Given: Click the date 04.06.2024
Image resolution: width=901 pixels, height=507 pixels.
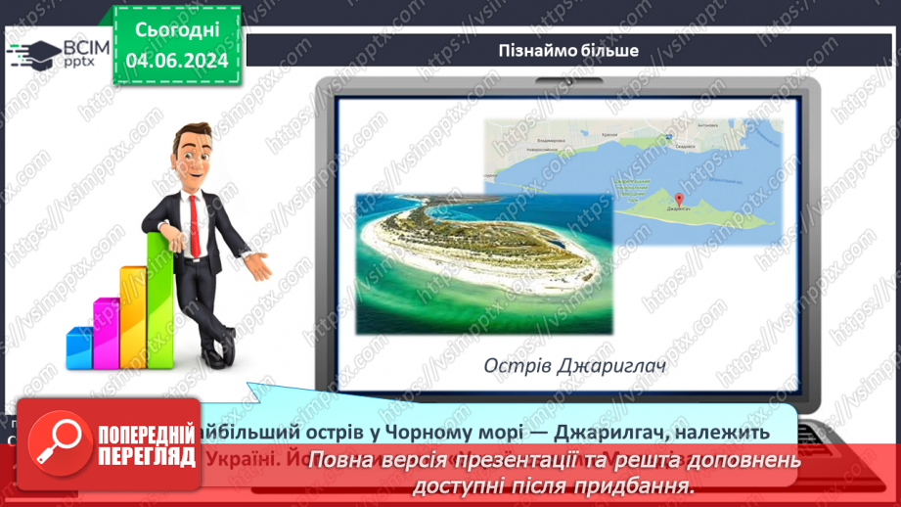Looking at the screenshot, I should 177,61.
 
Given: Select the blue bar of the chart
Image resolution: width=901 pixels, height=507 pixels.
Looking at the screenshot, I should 79,346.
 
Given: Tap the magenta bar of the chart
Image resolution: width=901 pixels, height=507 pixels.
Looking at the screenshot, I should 106,333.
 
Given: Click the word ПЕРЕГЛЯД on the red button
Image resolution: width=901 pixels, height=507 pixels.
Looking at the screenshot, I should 146,454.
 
